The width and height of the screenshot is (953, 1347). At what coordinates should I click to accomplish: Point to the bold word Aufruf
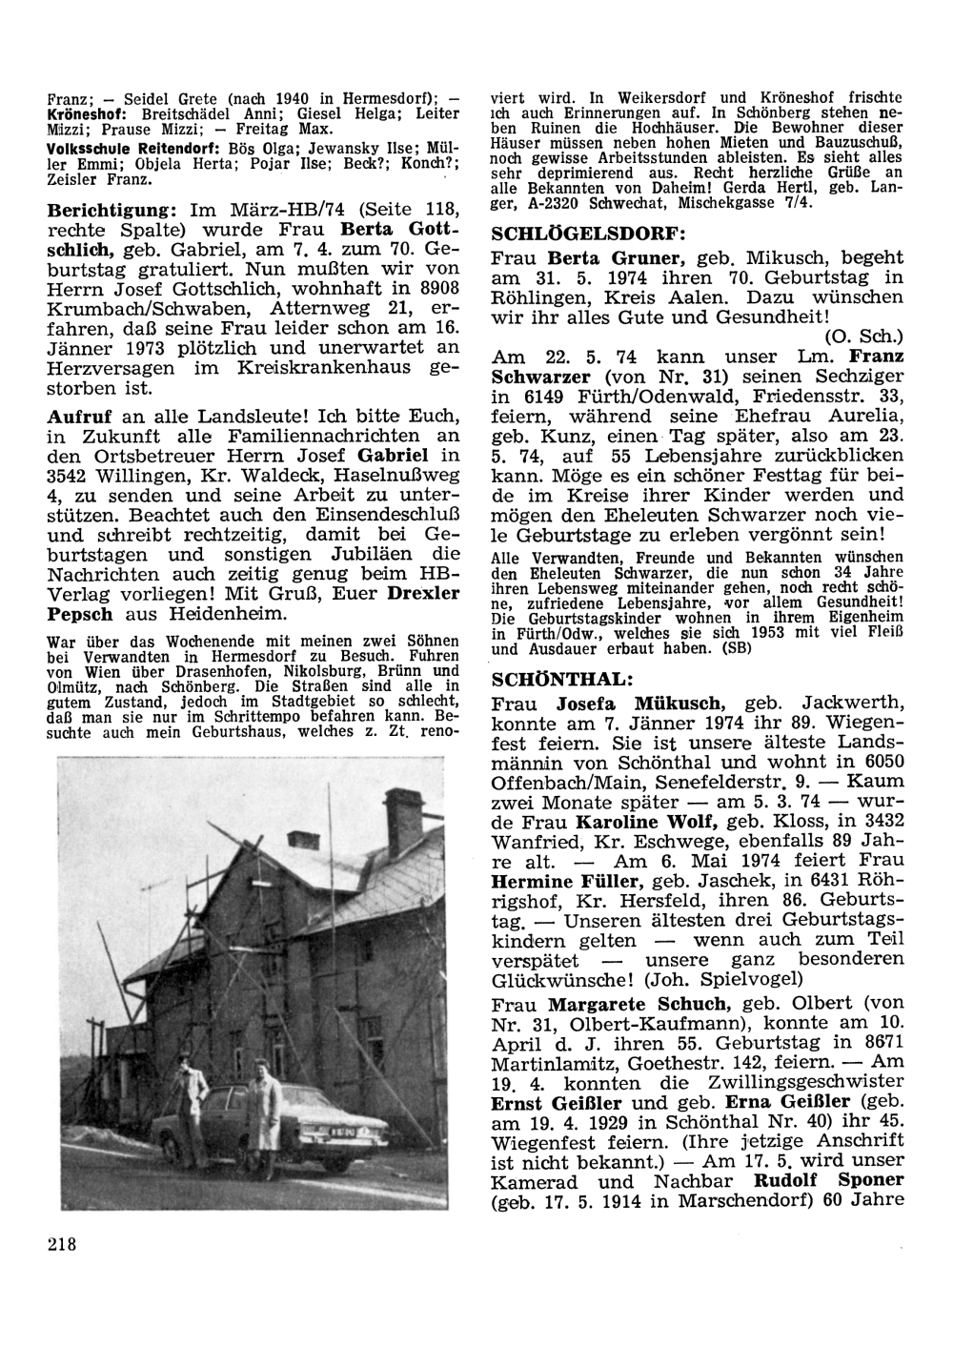[76, 417]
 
